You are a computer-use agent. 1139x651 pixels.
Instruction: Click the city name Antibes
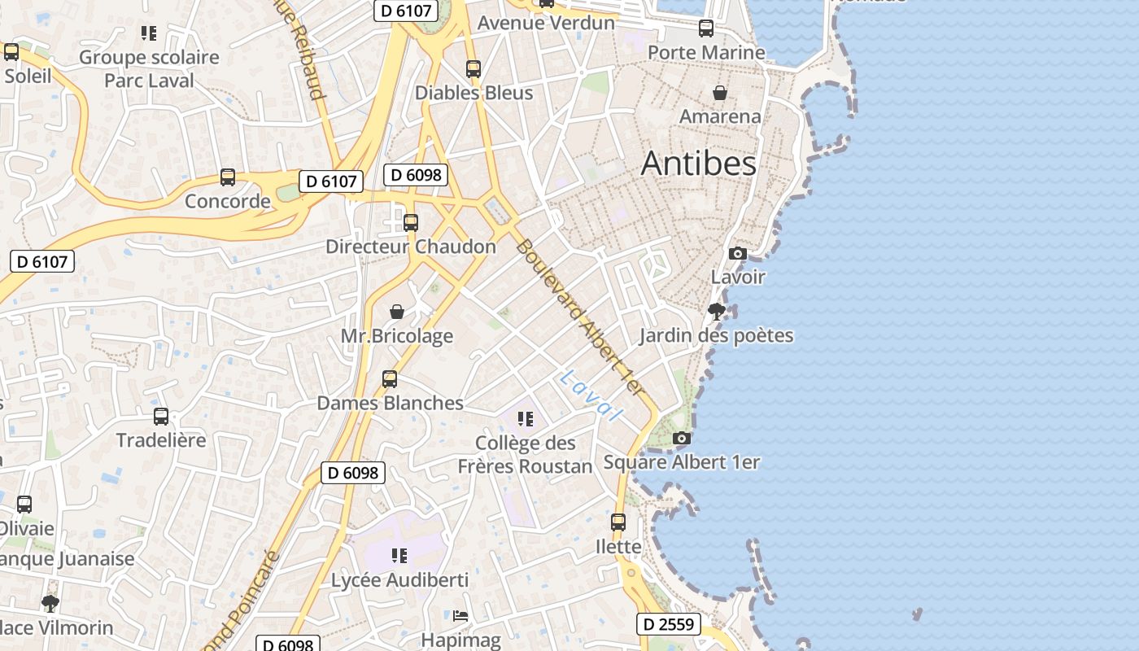pos(699,164)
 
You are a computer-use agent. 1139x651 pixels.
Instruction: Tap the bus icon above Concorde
pos(228,177)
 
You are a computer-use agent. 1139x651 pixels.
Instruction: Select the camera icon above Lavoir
pos(738,253)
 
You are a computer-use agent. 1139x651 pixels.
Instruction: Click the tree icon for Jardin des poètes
pos(716,311)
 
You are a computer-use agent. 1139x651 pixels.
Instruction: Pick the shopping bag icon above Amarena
pos(720,93)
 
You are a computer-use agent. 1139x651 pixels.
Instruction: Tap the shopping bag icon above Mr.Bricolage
pos(397,312)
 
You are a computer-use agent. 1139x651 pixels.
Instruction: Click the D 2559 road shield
pos(667,624)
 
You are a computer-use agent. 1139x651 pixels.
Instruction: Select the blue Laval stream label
pos(591,395)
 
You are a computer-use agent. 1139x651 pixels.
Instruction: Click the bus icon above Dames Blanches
pos(390,379)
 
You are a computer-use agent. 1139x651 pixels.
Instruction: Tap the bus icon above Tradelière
pos(161,417)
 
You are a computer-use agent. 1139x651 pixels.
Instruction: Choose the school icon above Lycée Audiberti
pos(399,556)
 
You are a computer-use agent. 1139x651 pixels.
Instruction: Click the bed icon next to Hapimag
pos(460,616)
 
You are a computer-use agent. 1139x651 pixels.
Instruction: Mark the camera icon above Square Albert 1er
pos(682,439)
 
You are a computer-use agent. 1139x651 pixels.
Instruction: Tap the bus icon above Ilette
pos(618,522)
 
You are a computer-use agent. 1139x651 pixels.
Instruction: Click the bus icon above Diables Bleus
pos(473,69)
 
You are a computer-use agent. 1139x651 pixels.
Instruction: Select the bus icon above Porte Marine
pos(706,28)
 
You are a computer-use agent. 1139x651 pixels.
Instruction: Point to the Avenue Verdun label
pos(546,23)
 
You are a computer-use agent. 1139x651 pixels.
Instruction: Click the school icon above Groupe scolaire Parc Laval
pos(148,33)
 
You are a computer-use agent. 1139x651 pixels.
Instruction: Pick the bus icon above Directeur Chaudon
pos(411,223)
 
